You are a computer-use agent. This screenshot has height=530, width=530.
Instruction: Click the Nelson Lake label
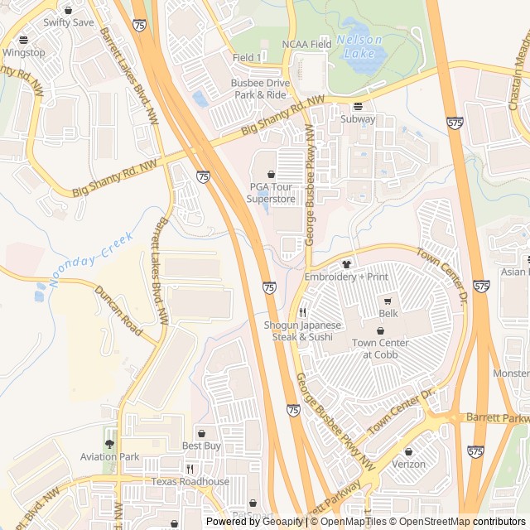pyautogui.click(x=360, y=46)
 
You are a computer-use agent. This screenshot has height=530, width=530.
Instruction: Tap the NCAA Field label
pyautogui.click(x=306, y=44)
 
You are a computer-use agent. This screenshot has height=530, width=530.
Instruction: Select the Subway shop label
pyautogui.click(x=358, y=118)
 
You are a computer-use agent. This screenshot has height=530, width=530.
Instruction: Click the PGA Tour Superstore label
pyautogui.click(x=272, y=193)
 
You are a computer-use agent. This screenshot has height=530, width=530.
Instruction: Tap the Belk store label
pyautogui.click(x=388, y=314)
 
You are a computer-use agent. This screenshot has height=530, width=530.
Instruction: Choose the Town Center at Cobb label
pyautogui.click(x=380, y=349)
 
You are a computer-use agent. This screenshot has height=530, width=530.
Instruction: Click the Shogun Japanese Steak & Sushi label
pyautogui.click(x=302, y=331)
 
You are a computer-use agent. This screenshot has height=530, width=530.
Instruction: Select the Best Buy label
pyautogui.click(x=201, y=446)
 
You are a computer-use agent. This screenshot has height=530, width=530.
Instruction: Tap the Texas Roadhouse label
pyautogui.click(x=190, y=481)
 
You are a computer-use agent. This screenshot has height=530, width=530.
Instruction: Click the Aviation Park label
pyautogui.click(x=110, y=456)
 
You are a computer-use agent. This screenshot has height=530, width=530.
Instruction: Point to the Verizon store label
pyautogui.click(x=409, y=465)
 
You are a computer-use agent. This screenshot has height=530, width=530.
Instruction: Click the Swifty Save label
pyautogui.click(x=69, y=22)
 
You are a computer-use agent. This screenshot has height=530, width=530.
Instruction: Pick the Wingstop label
pyautogui.click(x=23, y=51)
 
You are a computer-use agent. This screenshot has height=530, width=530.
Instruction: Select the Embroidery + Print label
pyautogui.click(x=346, y=276)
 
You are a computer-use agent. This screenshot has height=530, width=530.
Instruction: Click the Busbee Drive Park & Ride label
pyautogui.click(x=260, y=89)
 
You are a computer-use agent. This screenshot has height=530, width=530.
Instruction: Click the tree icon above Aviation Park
pyautogui.click(x=110, y=444)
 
